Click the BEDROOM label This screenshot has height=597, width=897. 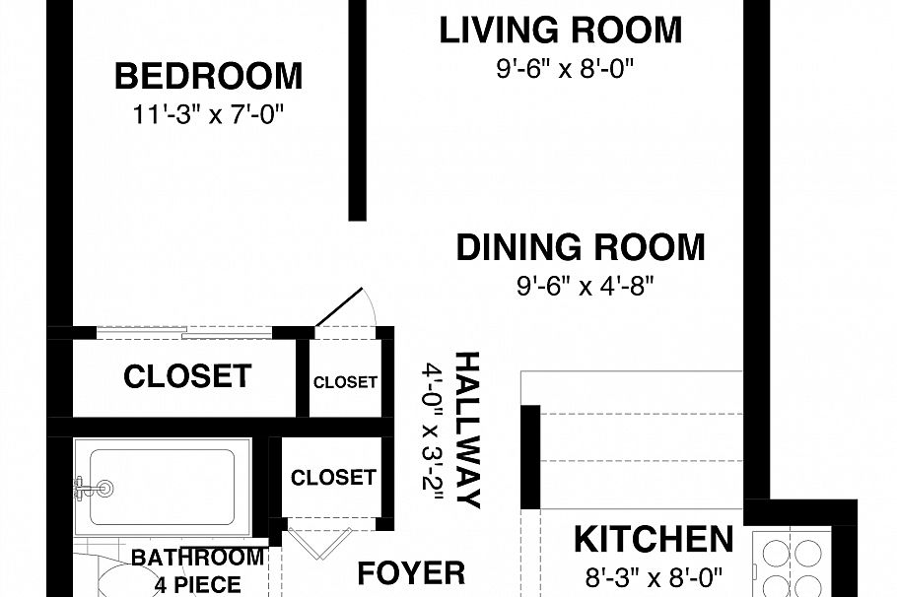click(x=208, y=76)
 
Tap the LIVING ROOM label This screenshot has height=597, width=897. click(x=561, y=31)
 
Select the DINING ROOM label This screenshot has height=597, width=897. click(x=581, y=247)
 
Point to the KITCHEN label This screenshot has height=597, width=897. click(x=654, y=539)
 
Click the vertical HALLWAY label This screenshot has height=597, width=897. click(x=467, y=431)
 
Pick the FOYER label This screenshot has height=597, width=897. click(x=411, y=573)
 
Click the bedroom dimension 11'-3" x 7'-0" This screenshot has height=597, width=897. click(x=208, y=114)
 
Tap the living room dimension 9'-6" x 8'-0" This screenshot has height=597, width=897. click(x=565, y=69)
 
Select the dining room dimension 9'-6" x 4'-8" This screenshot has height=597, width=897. click(x=585, y=286)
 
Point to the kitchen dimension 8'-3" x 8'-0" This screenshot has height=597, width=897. click(x=654, y=577)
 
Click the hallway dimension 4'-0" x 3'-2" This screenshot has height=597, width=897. click(x=433, y=431)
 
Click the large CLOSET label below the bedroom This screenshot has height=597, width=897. click(x=187, y=376)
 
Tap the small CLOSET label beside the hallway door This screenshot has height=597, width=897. click(x=346, y=382)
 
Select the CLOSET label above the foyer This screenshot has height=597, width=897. click(x=333, y=478)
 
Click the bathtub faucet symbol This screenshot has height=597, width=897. click(x=94, y=488)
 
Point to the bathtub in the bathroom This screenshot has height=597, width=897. click(x=163, y=488)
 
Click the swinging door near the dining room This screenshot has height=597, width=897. click(x=340, y=307)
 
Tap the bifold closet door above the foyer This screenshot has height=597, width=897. click(x=318, y=543)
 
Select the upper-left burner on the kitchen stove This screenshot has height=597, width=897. click(x=775, y=553)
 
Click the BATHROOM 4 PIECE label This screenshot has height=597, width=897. click(x=198, y=570)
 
